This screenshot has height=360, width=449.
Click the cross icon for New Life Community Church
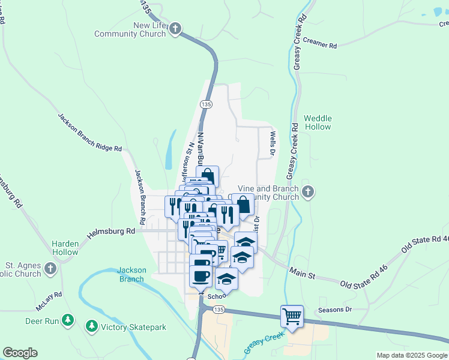pyautogui.click(x=175, y=29)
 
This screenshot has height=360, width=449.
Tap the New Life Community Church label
pyautogui.click(x=130, y=29)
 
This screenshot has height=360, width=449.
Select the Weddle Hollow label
pyautogui.click(x=318, y=122)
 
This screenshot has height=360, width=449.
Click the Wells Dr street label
pyautogui.click(x=272, y=145)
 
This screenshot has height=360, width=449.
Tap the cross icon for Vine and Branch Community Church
pyautogui.click(x=307, y=192)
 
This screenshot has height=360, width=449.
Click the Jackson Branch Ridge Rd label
pyautogui.click(x=89, y=132)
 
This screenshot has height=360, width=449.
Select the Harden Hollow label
pyautogui.click(x=65, y=248)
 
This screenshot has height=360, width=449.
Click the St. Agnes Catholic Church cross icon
pyautogui.click(x=50, y=269)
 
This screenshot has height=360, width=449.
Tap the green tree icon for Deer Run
pyautogui.click(x=68, y=321)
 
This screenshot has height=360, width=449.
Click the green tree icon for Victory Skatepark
pyautogui.click(x=91, y=326)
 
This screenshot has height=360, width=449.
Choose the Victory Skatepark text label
pyautogui.click(x=133, y=327)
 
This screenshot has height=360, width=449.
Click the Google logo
pyautogui.click(x=20, y=353)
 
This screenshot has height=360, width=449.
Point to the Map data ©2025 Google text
pyautogui.click(x=411, y=355)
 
